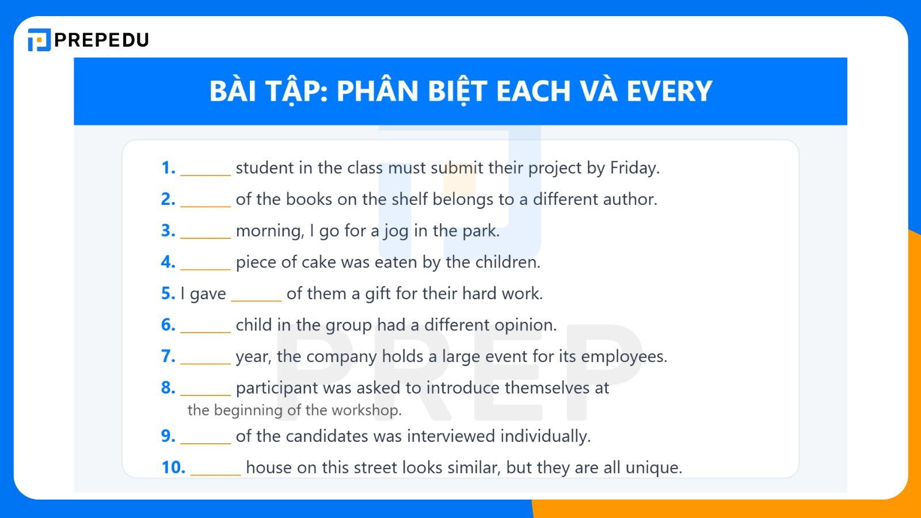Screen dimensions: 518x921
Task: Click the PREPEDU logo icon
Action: [x=39, y=40]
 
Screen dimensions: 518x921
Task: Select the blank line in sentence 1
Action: [x=205, y=173]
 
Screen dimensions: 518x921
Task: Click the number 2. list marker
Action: [x=168, y=199]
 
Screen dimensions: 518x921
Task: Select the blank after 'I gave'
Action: [x=256, y=298]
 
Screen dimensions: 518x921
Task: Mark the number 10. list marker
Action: [x=173, y=467]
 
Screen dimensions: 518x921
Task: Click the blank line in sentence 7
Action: [x=205, y=361]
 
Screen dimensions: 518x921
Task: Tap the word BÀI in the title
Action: [x=233, y=91]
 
